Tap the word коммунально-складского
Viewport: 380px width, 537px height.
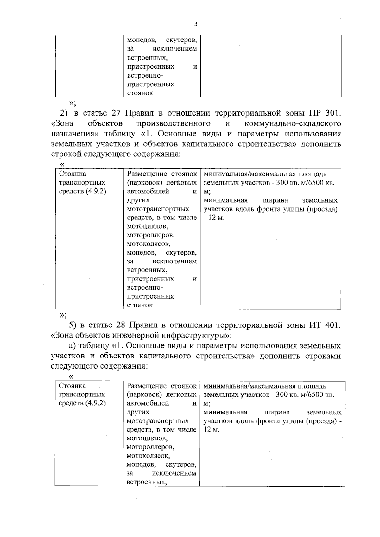[x=293, y=123]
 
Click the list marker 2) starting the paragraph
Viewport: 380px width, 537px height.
[x=65, y=113]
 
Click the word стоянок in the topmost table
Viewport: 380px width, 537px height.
[x=140, y=93]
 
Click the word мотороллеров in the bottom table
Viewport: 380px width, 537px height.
[x=150, y=447]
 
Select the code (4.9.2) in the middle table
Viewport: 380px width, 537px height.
[x=96, y=191]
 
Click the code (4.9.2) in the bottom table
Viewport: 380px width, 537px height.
[x=95, y=403]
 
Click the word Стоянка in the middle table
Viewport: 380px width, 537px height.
[x=73, y=174]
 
